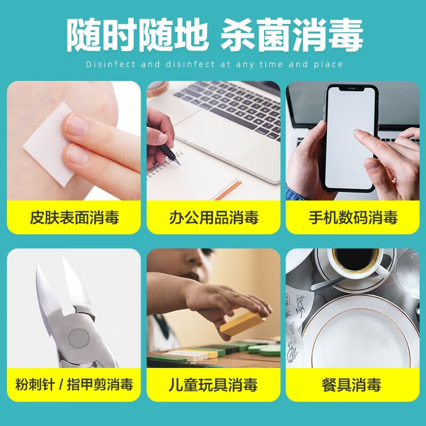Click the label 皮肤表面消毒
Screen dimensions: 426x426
pyautogui.click(x=74, y=217)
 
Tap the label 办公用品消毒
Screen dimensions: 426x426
pyautogui.click(x=214, y=217)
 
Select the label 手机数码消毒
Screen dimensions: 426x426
pyautogui.click(x=353, y=217)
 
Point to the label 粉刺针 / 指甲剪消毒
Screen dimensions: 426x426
pyautogui.click(x=74, y=384)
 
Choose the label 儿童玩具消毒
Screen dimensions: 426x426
pyautogui.click(x=214, y=384)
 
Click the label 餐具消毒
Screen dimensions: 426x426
pyautogui.click(x=352, y=384)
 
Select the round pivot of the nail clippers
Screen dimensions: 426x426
pyautogui.click(x=79, y=337)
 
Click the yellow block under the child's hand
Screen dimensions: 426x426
pyautogui.click(x=242, y=323)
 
